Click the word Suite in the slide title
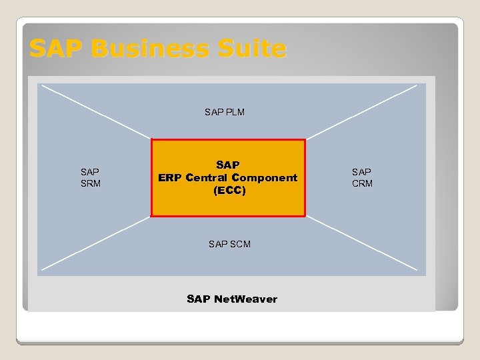point(247,49)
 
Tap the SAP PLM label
point(225,112)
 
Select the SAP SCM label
point(229,244)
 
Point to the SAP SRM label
point(90,177)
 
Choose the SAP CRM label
point(362,177)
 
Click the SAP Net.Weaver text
point(232,299)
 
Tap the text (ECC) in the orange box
point(229,191)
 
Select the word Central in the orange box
point(207,177)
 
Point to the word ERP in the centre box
point(170,177)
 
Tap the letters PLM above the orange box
point(234,112)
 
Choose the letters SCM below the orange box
point(239,244)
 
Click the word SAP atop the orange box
point(228,165)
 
